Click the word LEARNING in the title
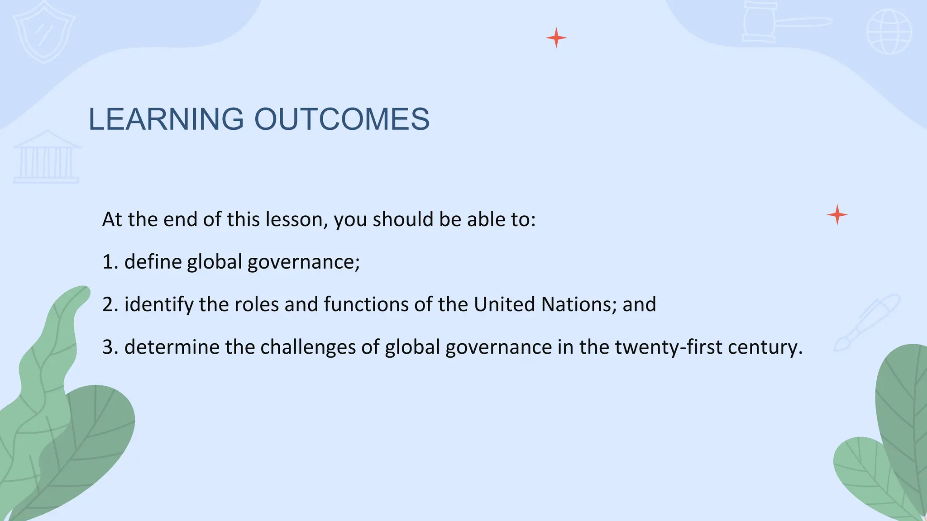[166, 119]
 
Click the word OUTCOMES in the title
[342, 119]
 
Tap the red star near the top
[556, 38]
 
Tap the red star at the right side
[837, 215]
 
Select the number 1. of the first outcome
[110, 262]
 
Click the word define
[153, 262]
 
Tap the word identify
[158, 305]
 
